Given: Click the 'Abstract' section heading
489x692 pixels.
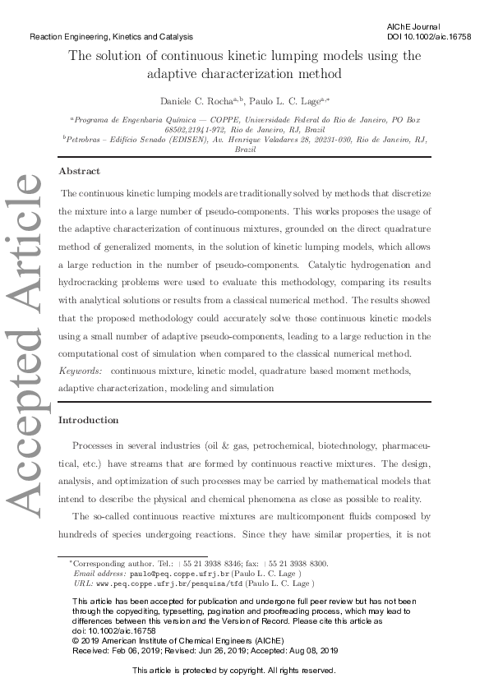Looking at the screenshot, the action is click(x=79, y=171).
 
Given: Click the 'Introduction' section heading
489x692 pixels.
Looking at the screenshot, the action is click(x=89, y=420).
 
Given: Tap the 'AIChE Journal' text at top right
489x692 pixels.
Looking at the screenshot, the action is click(x=413, y=27).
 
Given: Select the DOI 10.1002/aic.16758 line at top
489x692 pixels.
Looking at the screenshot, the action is click(x=424, y=37).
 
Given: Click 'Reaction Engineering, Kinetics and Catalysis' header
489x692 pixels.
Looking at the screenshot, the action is click(x=111, y=37).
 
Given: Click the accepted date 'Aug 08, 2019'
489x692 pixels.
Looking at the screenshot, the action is click(x=316, y=650).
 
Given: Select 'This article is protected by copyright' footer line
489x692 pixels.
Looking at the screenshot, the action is click(x=234, y=671).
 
